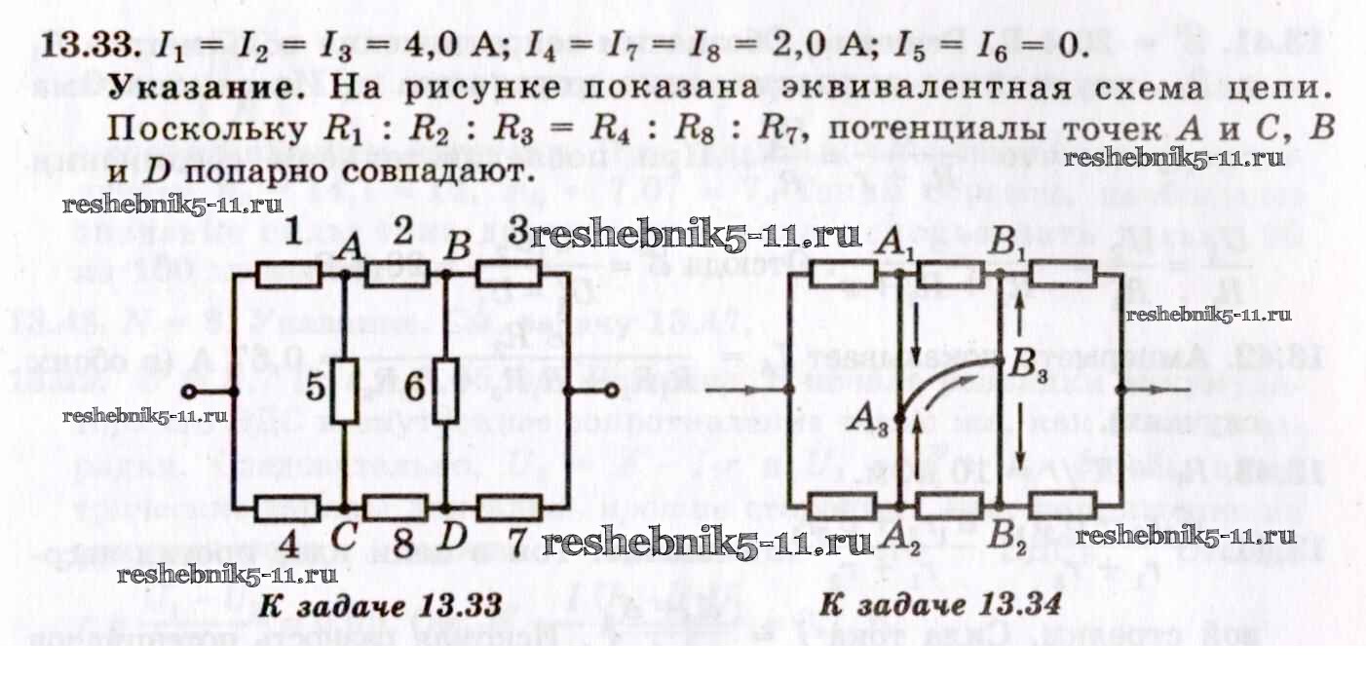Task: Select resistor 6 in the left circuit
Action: tap(445, 391)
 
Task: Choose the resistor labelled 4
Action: tap(288, 508)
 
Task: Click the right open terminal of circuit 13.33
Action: tap(612, 392)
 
